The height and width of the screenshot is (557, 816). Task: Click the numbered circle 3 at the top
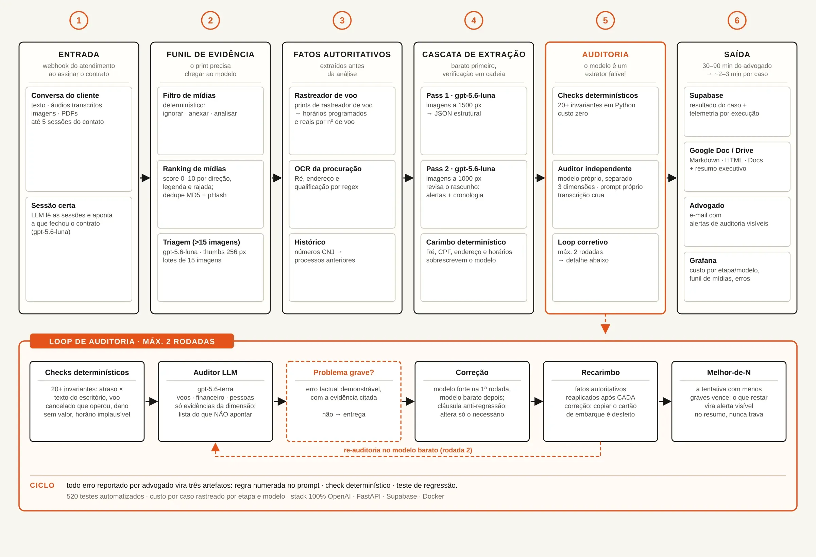[342, 20]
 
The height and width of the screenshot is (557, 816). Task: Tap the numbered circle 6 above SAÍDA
[737, 20]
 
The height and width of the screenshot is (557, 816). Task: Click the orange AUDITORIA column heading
[605, 54]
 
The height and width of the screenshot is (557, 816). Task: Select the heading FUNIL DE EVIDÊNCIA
[210, 54]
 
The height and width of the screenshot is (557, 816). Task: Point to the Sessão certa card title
[53, 205]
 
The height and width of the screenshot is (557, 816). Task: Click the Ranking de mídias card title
[194, 169]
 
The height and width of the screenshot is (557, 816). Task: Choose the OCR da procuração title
[328, 169]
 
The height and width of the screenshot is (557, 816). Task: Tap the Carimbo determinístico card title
[466, 242]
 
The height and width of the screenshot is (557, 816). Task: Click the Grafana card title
[702, 260]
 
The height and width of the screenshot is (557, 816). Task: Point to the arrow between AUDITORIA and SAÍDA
[671, 178]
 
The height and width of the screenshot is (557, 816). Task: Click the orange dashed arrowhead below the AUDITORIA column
[605, 329]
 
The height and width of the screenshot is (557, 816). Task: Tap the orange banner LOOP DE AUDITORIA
[132, 341]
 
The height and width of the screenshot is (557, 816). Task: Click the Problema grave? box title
[343, 373]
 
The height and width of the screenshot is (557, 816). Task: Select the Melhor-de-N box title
[729, 373]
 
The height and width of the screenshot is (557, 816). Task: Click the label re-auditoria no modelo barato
[408, 450]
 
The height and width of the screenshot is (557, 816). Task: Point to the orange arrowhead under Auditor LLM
[215, 447]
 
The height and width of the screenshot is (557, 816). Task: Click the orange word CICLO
[42, 485]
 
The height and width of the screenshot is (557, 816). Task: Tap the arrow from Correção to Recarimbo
[536, 401]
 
